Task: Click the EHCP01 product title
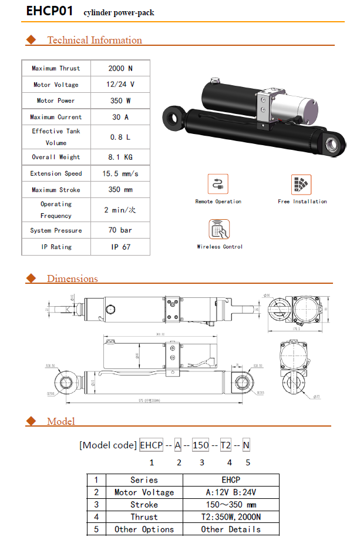click(50, 11)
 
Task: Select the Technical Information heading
click(94, 40)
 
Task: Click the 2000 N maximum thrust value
click(120, 68)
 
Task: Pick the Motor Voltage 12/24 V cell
click(120, 85)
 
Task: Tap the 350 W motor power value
click(120, 101)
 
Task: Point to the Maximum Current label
click(56, 117)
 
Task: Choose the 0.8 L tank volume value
click(120, 137)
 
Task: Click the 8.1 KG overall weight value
click(120, 157)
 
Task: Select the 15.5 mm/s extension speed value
click(120, 174)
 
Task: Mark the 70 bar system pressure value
click(120, 230)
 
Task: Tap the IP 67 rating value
click(120, 247)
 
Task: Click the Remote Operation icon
click(218, 185)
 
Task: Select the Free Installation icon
click(301, 185)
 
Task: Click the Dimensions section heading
click(72, 279)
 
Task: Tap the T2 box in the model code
click(226, 445)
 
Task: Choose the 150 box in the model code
click(200, 445)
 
